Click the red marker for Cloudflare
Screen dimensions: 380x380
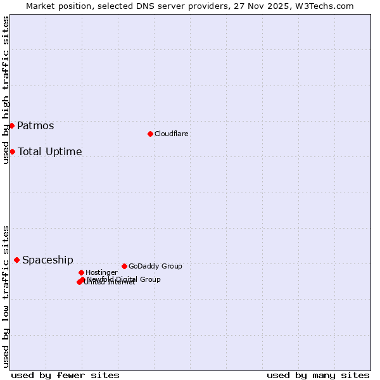pyautogui.click(x=150, y=134)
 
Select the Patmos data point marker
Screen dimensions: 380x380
pyautogui.click(x=11, y=125)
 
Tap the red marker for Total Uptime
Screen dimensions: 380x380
pyautogui.click(x=12, y=151)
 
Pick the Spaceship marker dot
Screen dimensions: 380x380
pyautogui.click(x=16, y=260)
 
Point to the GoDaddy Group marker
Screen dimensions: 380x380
pyautogui.click(x=124, y=266)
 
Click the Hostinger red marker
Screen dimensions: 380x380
pyautogui.click(x=82, y=272)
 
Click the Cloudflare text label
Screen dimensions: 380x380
pyautogui.click(x=172, y=134)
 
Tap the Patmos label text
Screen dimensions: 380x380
pyautogui.click(x=35, y=125)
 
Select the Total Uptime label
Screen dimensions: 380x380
pyautogui.click(x=50, y=151)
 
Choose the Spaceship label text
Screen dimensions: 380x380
pyautogui.click(x=47, y=260)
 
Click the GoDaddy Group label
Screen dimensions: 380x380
pyautogui.click(x=155, y=266)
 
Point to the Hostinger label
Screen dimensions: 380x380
pyautogui.click(x=101, y=272)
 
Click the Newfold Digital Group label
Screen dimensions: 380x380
pyautogui.click(x=124, y=279)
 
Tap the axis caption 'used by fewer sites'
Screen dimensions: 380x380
pyautogui.click(x=65, y=375)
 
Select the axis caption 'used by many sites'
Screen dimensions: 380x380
pyautogui.click(x=318, y=375)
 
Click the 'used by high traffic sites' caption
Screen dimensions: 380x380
pyautogui.click(x=6, y=90)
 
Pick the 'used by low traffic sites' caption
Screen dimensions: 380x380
pyautogui.click(x=6, y=296)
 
